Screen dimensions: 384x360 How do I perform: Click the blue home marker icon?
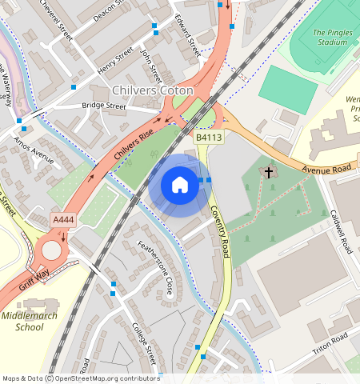coord(180,185)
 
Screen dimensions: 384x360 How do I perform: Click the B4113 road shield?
coord(209,138)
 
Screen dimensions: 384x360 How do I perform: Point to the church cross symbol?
coord(269,172)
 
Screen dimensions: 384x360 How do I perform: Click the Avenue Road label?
coord(328,170)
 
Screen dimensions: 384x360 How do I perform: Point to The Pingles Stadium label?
coord(327,36)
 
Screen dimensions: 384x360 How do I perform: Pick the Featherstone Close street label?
coord(155,266)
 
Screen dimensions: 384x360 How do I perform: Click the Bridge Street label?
coord(104,106)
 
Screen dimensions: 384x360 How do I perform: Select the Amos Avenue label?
coord(33,149)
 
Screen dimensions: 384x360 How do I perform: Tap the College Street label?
coord(144,344)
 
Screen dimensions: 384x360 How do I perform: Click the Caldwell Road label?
coord(342,231)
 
